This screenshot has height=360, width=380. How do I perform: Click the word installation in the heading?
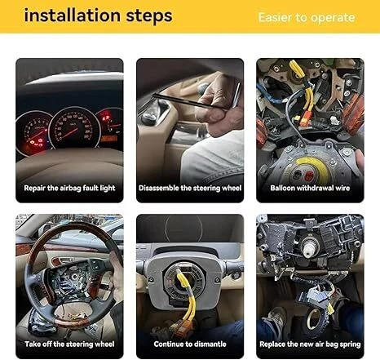click(x=72, y=15)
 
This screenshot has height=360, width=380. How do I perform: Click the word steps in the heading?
click(x=149, y=16)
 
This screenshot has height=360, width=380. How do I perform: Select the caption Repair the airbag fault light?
click(x=69, y=188)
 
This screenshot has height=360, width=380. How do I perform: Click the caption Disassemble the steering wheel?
click(x=190, y=188)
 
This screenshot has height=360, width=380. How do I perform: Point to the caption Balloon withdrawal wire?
click(x=310, y=188)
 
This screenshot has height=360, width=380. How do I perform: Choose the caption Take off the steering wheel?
click(x=69, y=344)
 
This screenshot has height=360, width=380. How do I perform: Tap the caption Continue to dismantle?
click(x=190, y=344)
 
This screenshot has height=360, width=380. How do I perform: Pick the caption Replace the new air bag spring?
click(x=310, y=344)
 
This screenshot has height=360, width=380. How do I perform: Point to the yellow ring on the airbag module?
click(x=312, y=169)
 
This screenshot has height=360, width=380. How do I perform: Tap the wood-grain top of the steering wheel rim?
click(x=73, y=228)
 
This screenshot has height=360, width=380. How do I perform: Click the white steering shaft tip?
click(x=310, y=248)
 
